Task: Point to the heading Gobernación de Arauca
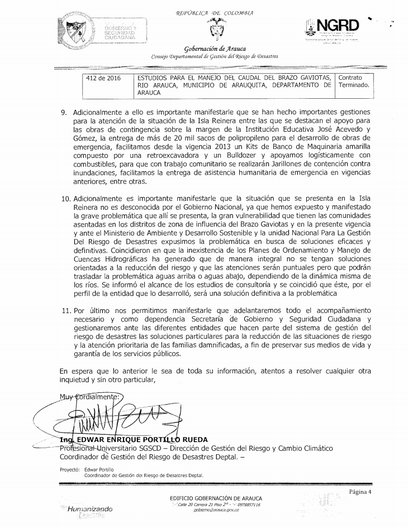[x=214, y=49]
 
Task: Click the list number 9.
[x=64, y=112]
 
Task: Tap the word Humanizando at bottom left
[x=89, y=509]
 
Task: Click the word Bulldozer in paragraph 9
[x=229, y=156]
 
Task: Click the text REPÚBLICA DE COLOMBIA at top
[x=214, y=12]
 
